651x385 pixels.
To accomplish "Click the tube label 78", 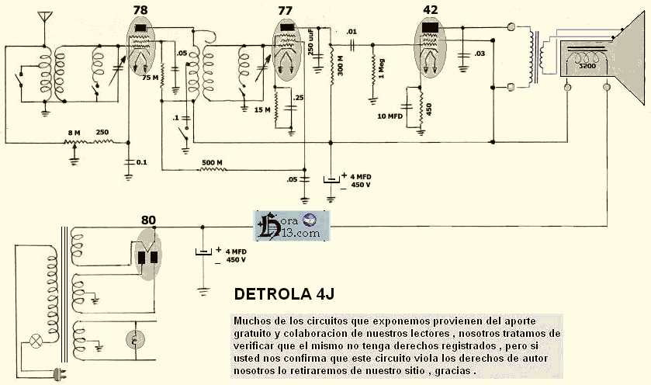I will tap(140, 9).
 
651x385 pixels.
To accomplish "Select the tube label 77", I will tap(285, 9).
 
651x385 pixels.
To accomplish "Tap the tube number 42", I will tap(430, 9).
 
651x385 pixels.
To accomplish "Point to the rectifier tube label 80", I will tap(149, 220).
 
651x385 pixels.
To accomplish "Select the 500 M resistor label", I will tap(213, 162).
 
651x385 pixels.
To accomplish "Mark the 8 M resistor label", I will tap(74, 133).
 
